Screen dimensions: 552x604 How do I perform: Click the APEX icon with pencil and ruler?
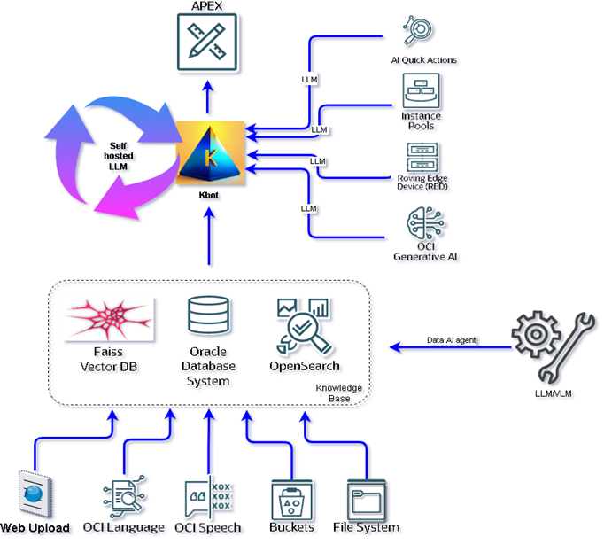[209, 42]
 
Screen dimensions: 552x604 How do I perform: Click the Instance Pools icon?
[422, 91]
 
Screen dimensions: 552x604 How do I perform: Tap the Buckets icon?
[291, 499]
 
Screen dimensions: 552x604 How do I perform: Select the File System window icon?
[366, 499]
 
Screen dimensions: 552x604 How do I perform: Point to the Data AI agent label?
[452, 340]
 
